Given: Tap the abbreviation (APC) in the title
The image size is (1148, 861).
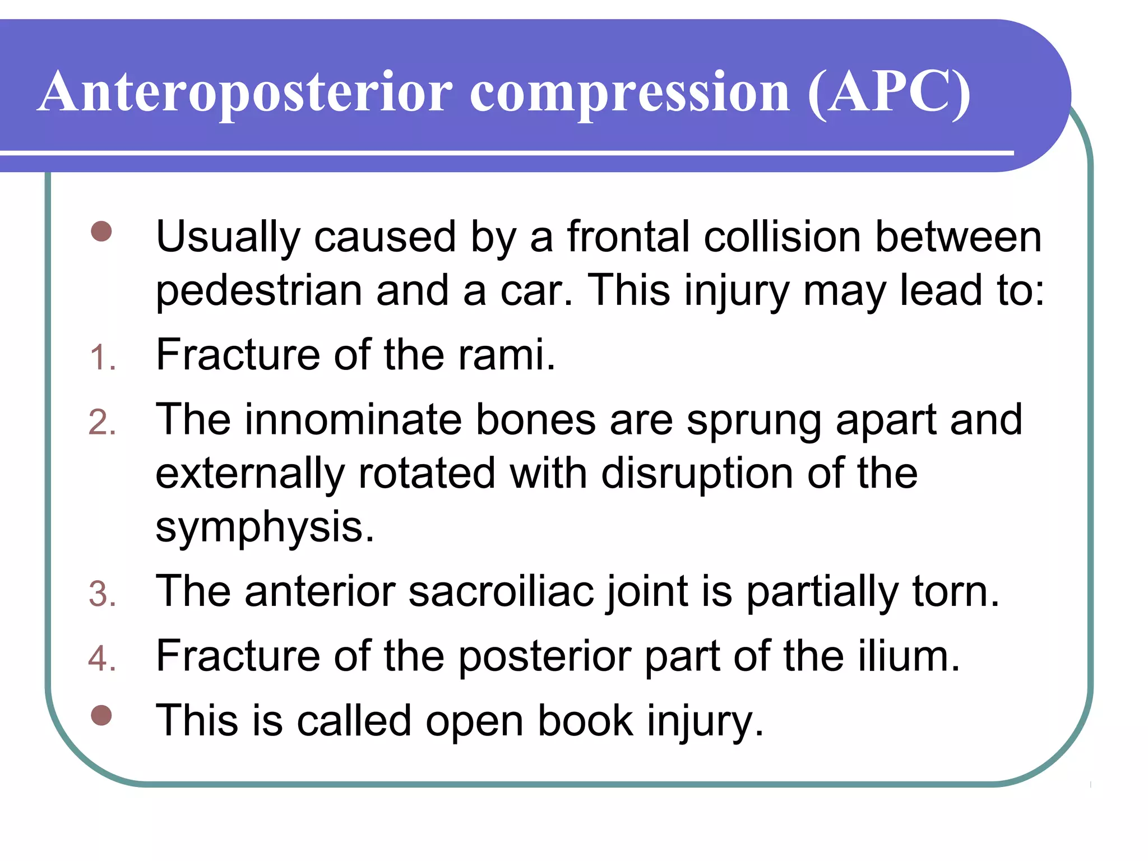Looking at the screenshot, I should pos(889,93).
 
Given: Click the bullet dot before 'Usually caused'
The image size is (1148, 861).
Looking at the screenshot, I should pos(101,232).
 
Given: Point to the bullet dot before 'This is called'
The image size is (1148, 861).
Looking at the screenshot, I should pos(101,715).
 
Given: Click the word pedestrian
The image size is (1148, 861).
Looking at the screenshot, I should pos(258,291).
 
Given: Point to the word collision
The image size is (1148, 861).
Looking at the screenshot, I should pos(782,237).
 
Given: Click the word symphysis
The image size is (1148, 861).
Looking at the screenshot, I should pos(264,527).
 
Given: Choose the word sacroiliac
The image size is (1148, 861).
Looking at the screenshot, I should pos(501,591).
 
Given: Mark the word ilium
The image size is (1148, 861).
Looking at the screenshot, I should pos(908,656).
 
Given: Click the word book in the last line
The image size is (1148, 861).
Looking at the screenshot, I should pos(585,720).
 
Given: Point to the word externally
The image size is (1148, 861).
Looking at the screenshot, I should pos(249,473).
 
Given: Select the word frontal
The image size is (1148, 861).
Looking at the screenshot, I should pos(628,237).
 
